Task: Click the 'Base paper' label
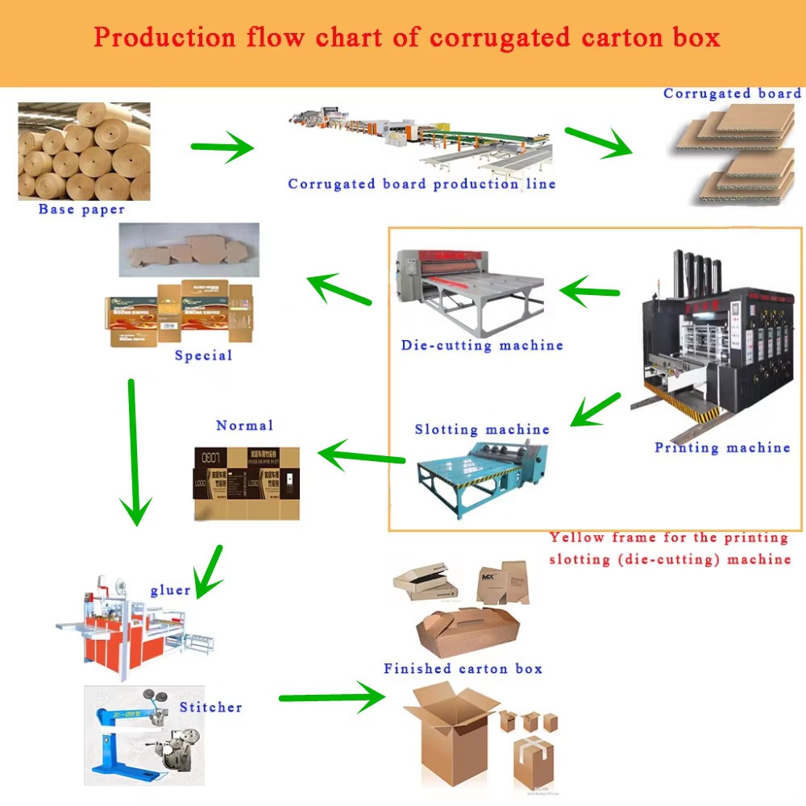point(81,210)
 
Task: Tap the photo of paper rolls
point(84,151)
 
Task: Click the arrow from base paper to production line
point(222,147)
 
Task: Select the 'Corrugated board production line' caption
point(422,184)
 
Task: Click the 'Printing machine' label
point(722,447)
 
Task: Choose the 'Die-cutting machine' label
point(482,345)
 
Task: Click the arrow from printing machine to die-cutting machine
point(589,291)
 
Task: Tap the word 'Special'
point(203,355)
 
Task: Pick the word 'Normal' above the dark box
point(244,425)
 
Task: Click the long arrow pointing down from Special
point(135,451)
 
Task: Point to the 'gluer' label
point(170,590)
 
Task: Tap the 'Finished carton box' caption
point(463,669)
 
